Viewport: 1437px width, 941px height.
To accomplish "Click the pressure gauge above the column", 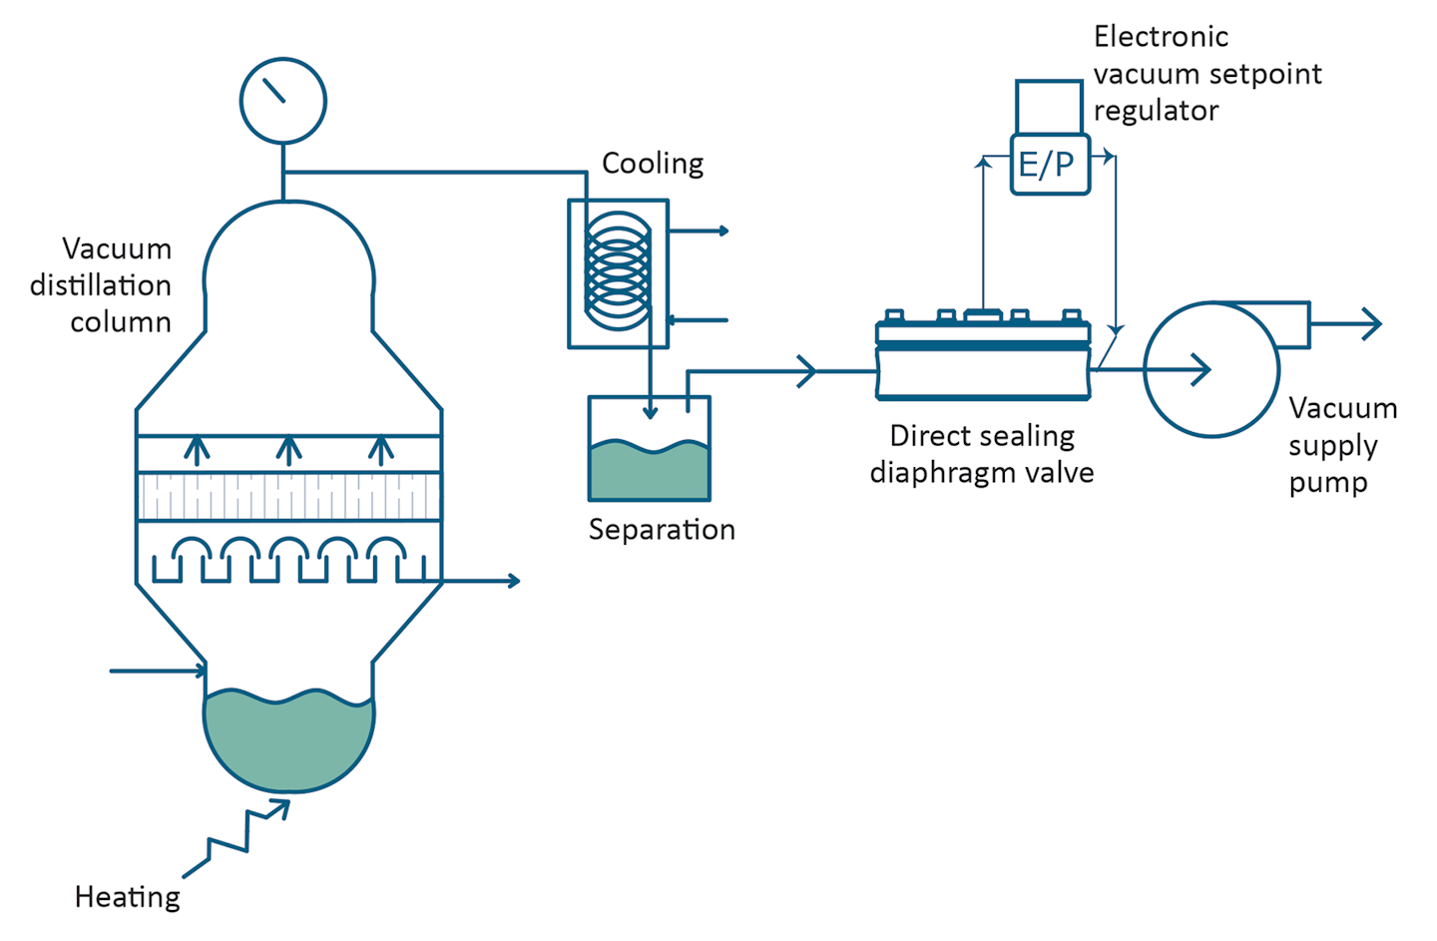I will pyautogui.click(x=282, y=101).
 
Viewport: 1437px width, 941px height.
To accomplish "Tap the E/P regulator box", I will pyautogui.click(x=1049, y=164).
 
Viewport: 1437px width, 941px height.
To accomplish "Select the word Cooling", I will pyautogui.click(x=653, y=163).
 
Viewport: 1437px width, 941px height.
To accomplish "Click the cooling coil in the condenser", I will pyautogui.click(x=617, y=270).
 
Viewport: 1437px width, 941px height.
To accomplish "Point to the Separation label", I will pyautogui.click(x=662, y=529).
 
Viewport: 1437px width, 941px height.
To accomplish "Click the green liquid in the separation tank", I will pyautogui.click(x=650, y=473).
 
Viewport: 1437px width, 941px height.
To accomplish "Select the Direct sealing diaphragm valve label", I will pyautogui.click(x=982, y=454).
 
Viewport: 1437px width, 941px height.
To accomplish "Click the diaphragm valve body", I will pyautogui.click(x=983, y=370).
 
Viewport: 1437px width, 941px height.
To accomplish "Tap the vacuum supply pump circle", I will pyautogui.click(x=1210, y=370).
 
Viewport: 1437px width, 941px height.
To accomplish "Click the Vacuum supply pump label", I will pyautogui.click(x=1341, y=445).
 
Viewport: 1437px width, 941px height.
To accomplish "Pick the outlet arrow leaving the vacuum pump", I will pyautogui.click(x=1357, y=324).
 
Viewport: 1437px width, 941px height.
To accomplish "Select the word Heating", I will pyautogui.click(x=128, y=897).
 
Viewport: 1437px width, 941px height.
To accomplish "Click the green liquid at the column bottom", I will pyautogui.click(x=288, y=738).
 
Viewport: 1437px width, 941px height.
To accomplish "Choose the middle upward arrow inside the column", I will pyautogui.click(x=288, y=450).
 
